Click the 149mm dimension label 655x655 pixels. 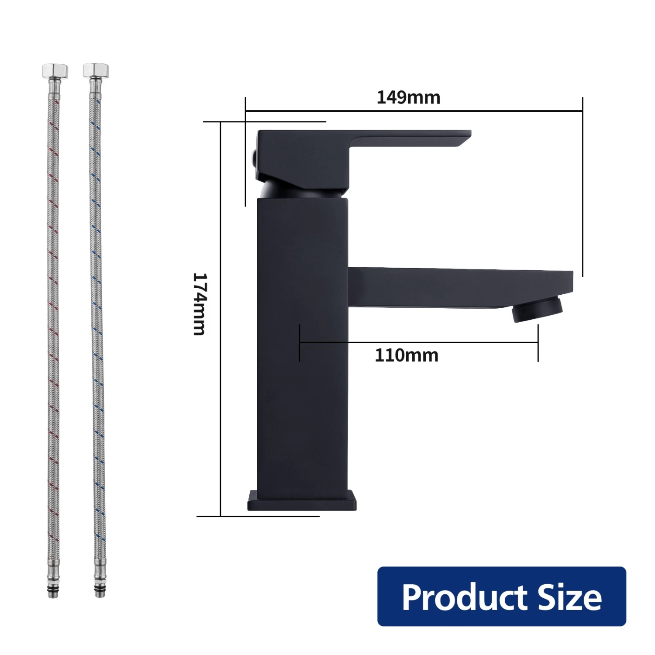408,97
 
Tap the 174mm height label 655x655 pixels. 199,304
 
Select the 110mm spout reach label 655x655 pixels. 407,355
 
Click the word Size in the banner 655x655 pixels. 569,597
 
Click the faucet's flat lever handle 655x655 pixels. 410,138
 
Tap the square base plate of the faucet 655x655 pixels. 302,501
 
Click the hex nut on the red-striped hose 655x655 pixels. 55,71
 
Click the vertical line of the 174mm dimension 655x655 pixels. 221,393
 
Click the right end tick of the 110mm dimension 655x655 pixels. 538,343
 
